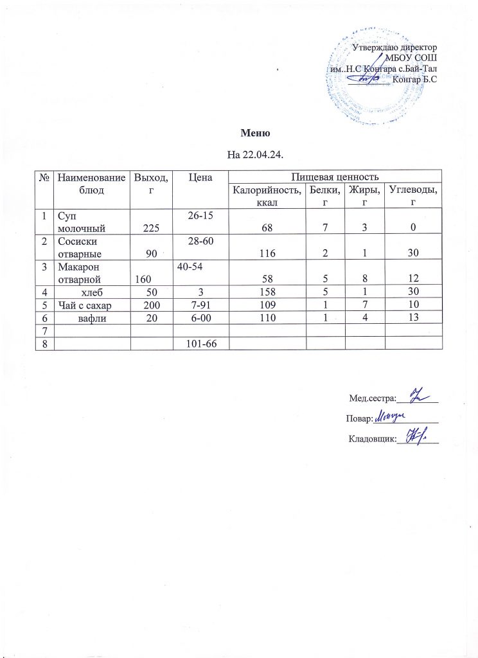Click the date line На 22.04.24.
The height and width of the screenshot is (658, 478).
[255, 155]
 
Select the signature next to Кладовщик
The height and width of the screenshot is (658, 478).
[415, 438]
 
